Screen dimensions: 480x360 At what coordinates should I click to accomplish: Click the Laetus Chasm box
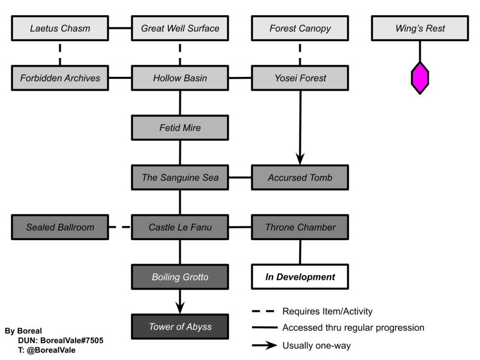(x=60, y=28)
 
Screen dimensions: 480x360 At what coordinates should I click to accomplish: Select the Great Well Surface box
(x=180, y=28)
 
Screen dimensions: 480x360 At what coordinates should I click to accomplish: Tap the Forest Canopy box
(x=300, y=28)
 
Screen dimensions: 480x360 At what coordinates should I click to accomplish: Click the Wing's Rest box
(x=420, y=28)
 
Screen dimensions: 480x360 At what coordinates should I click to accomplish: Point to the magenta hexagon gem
(x=420, y=78)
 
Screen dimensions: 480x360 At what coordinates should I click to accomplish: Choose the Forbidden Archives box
(x=60, y=78)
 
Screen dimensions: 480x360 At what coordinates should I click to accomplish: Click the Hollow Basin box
(x=180, y=78)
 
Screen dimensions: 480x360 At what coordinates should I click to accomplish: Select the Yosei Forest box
(x=300, y=78)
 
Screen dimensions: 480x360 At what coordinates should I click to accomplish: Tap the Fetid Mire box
(x=180, y=127)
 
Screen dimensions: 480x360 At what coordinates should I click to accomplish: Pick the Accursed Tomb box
(x=300, y=178)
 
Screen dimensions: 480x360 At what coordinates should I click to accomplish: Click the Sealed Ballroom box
(x=60, y=227)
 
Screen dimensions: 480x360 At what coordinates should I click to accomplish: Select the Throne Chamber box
(x=300, y=227)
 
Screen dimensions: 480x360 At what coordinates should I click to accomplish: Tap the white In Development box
(x=300, y=277)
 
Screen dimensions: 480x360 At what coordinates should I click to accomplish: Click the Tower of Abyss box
(x=180, y=327)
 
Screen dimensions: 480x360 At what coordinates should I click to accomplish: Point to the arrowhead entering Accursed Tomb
(x=300, y=159)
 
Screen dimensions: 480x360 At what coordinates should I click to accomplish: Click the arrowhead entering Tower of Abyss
(x=180, y=308)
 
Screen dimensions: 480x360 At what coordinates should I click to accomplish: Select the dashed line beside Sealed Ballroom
(x=120, y=227)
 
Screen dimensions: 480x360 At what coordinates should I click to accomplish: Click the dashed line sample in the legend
(x=263, y=311)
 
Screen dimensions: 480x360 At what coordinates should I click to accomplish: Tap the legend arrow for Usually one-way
(x=265, y=345)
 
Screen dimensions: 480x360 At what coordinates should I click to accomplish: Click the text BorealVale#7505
(x=72, y=340)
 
